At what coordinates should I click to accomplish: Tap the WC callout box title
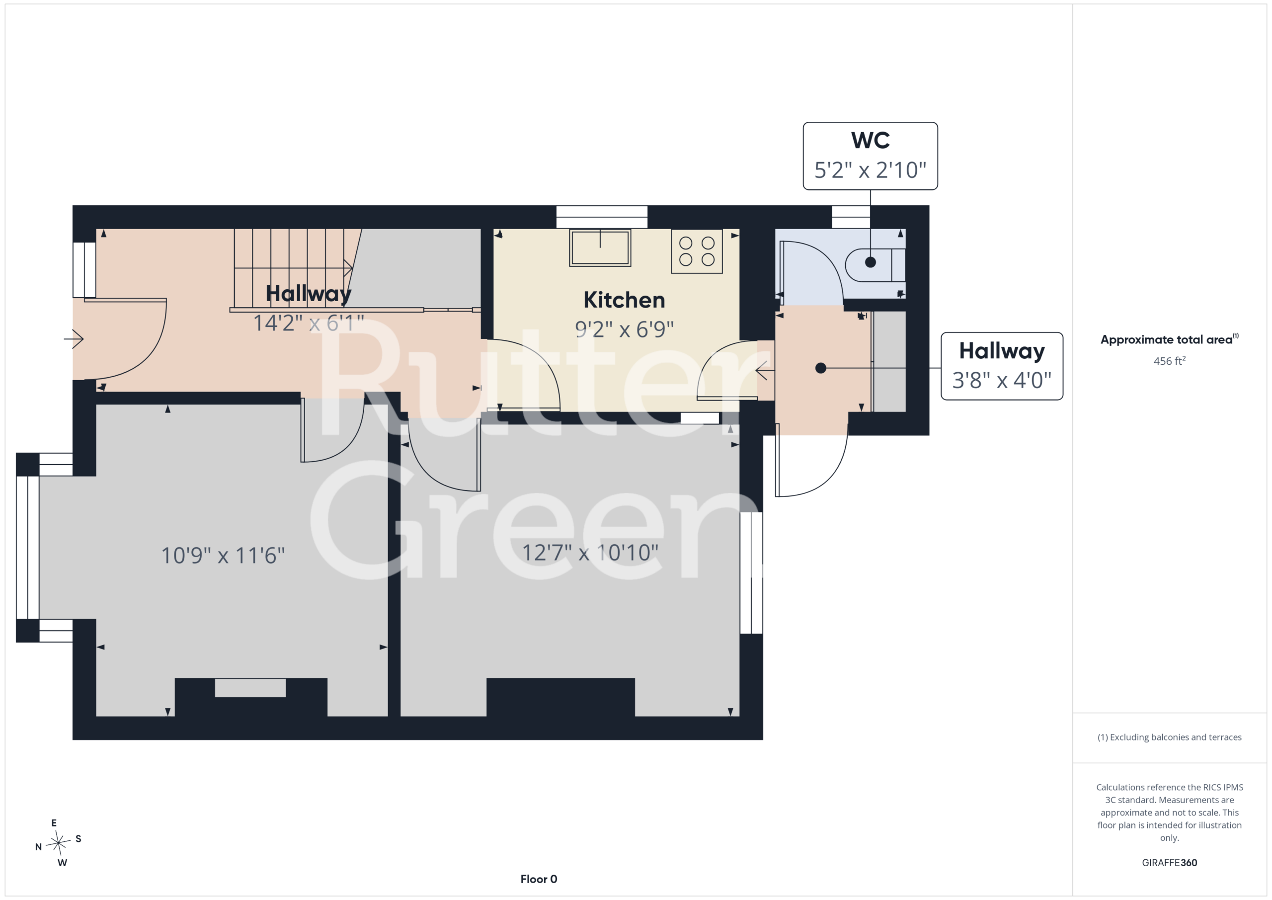coord(871,140)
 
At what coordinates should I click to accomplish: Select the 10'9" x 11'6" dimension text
coord(223,555)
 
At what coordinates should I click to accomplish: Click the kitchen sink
coord(600,247)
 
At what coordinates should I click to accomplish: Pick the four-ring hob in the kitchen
coord(697,251)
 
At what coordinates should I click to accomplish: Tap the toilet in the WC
coord(875,265)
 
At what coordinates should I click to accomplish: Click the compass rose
coord(58,843)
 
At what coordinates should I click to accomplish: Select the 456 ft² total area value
coord(1169,361)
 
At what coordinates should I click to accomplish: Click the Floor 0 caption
coord(539,879)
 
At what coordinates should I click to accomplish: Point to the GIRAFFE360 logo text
coord(1169,862)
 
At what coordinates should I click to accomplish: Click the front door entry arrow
coord(74,338)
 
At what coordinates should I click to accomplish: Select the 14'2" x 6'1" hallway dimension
coord(309,323)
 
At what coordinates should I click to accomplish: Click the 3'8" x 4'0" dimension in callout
coord(1002,380)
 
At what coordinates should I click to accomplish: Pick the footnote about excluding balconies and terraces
coord(1169,737)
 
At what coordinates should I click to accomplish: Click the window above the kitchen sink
coord(602,217)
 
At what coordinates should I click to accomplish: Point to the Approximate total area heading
coord(1169,339)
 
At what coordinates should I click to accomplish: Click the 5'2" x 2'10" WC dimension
coord(871,170)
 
